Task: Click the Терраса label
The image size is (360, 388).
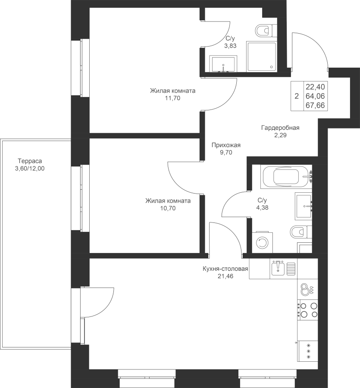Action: point(30,161)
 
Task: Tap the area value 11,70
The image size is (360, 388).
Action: point(172,98)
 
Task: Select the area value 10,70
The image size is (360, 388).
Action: point(168,208)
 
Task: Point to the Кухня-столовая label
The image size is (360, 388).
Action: point(225,269)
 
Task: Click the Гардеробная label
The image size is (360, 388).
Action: point(280,128)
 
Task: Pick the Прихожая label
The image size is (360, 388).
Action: point(226,145)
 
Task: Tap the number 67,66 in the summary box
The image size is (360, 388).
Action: point(315,106)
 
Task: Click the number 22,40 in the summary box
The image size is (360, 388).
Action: point(315,87)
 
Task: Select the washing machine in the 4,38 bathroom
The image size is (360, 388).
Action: point(262,242)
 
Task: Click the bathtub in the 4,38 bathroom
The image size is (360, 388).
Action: point(286,177)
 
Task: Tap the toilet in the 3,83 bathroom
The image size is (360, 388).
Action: point(266,31)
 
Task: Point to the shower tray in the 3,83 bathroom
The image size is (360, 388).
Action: point(261,56)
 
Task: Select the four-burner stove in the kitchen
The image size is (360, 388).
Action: point(307,310)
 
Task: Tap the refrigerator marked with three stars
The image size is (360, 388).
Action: point(308,351)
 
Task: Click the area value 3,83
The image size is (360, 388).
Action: point(230,46)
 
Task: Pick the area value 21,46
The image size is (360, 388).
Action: point(225,276)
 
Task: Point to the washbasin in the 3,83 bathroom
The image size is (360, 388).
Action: point(223,64)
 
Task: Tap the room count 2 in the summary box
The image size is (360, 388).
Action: point(297,96)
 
